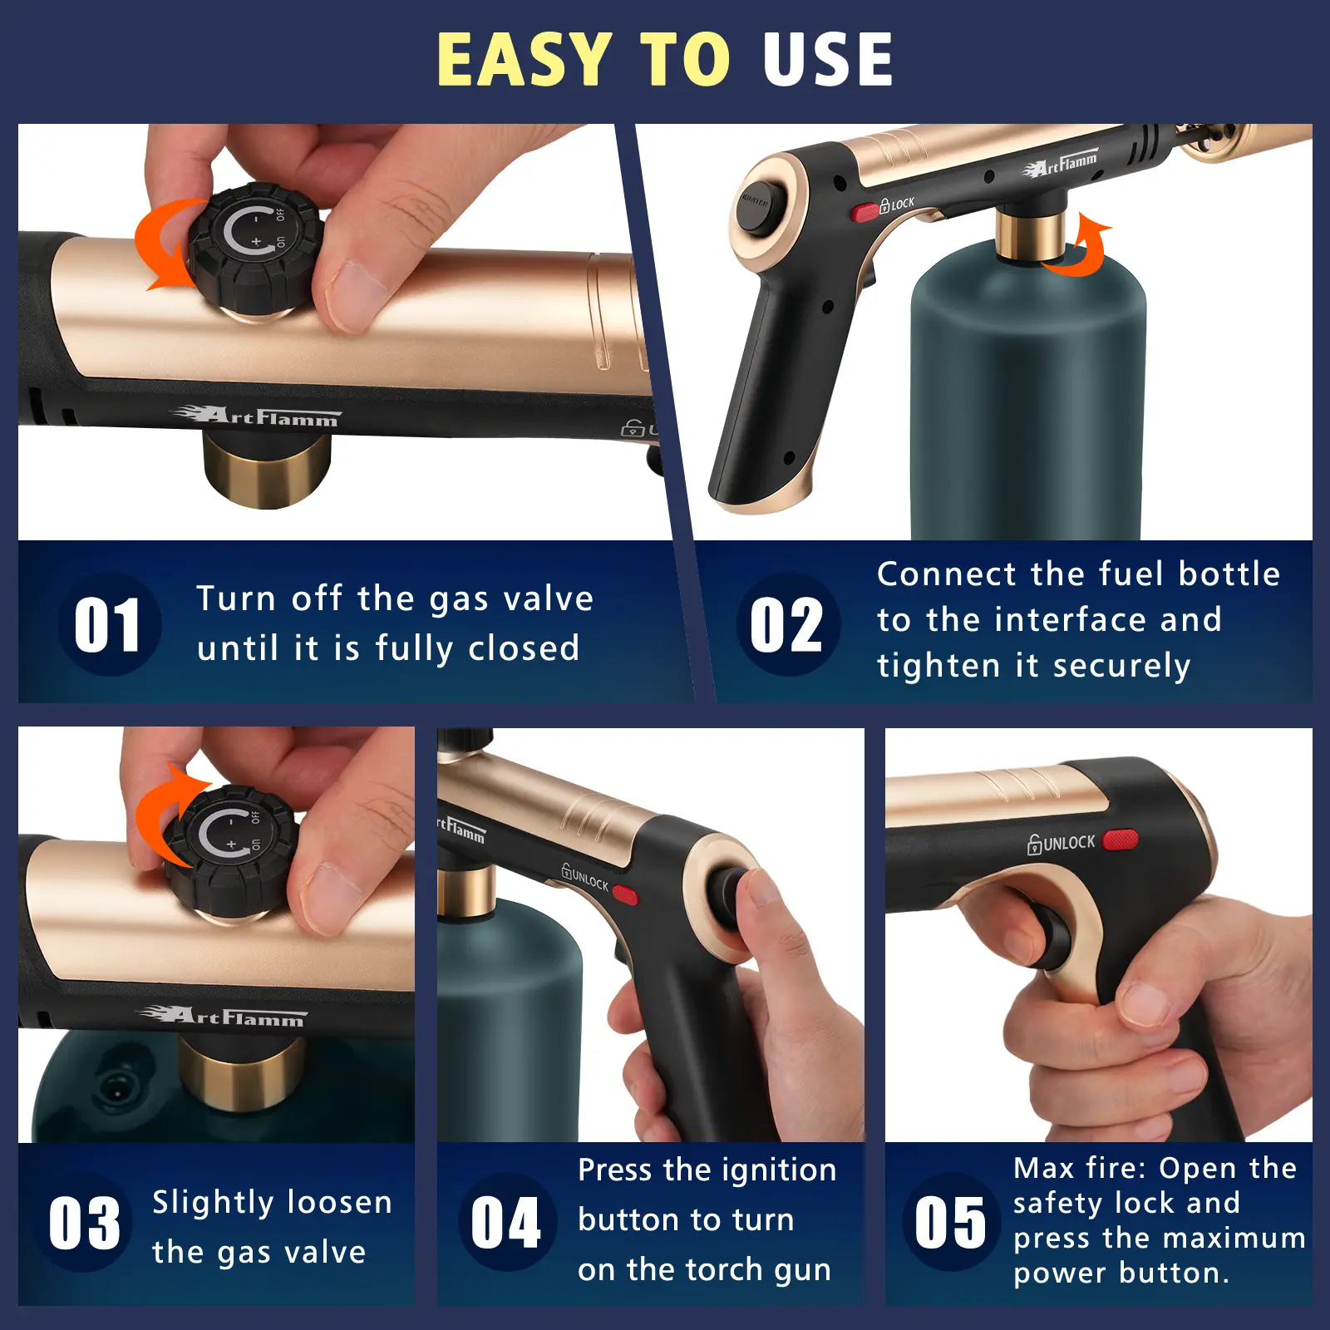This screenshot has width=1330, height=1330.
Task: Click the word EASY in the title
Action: [525, 59]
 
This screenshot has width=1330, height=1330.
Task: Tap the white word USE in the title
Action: [828, 59]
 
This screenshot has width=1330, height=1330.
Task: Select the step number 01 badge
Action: [108, 625]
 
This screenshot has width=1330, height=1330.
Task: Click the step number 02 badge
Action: [787, 624]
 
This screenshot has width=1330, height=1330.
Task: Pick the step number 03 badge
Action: [84, 1223]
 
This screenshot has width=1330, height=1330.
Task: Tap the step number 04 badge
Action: [506, 1222]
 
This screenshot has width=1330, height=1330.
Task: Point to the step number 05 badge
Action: [951, 1222]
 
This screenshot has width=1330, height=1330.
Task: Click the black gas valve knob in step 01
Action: [255, 248]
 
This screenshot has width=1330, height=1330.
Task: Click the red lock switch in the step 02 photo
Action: [865, 212]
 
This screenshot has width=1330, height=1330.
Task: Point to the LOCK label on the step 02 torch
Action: [898, 204]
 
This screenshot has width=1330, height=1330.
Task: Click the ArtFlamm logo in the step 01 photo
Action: [256, 416]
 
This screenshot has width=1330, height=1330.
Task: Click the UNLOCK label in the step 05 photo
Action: [1062, 844]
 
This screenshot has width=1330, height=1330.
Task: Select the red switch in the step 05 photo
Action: [1121, 840]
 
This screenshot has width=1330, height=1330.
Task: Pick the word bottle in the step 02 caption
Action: [1229, 574]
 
